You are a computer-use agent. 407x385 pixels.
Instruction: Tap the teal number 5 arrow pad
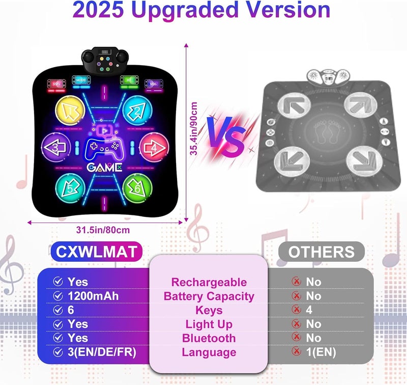(x=70, y=187)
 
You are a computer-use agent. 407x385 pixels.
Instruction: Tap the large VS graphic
(x=226, y=135)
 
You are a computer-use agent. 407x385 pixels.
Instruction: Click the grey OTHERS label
(x=321, y=252)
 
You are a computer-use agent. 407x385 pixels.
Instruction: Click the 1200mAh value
(x=89, y=296)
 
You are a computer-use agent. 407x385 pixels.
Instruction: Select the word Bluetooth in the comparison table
(x=209, y=338)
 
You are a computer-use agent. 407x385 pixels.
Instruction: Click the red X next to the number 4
(x=296, y=310)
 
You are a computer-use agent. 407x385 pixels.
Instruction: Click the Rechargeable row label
(x=209, y=282)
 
